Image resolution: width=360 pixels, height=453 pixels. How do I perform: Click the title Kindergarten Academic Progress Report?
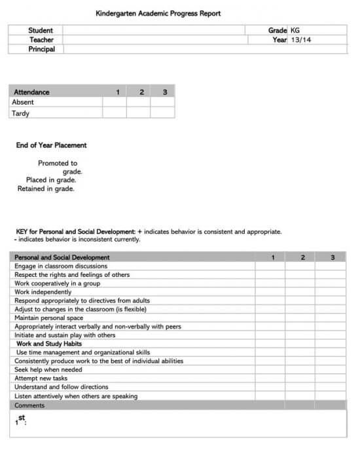click(x=158, y=13)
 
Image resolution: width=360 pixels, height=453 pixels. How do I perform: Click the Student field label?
click(x=41, y=30)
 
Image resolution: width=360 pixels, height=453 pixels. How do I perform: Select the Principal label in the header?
click(x=41, y=49)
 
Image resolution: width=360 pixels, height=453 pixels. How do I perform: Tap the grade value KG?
click(x=295, y=30)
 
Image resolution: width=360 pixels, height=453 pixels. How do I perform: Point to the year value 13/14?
click(x=301, y=40)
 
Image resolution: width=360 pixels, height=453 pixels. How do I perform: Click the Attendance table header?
click(x=31, y=92)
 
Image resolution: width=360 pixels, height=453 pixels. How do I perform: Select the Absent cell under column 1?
click(x=115, y=102)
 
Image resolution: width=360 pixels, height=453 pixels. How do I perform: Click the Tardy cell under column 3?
click(x=162, y=113)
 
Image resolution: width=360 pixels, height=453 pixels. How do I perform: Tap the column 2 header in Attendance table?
click(x=141, y=92)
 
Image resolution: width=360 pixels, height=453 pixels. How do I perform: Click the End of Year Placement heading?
click(x=51, y=145)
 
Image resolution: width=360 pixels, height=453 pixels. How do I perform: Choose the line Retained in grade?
click(x=46, y=189)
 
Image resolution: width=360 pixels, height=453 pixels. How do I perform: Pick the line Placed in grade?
click(x=51, y=179)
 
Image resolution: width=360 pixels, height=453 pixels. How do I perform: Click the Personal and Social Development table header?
click(x=62, y=257)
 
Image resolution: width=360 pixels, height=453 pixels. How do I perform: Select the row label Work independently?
click(x=43, y=292)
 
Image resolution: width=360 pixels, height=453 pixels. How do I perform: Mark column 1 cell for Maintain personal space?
click(x=270, y=317)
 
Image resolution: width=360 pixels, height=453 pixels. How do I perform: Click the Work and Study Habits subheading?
click(x=49, y=343)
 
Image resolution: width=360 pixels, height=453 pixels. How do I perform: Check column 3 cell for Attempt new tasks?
click(x=331, y=378)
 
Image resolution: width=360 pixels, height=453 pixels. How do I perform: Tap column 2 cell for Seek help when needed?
click(x=300, y=369)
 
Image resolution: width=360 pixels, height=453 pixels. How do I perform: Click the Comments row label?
click(x=29, y=405)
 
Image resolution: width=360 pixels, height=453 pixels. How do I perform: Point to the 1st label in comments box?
click(x=21, y=420)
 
